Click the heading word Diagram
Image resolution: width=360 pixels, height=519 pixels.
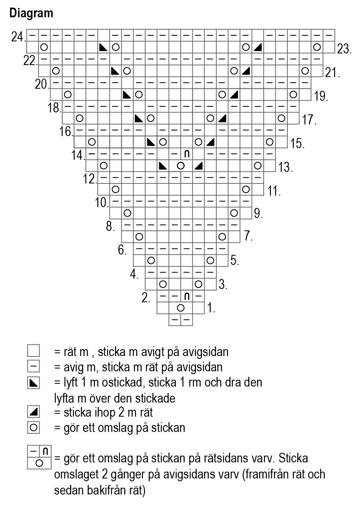pyautogui.click(x=31, y=13)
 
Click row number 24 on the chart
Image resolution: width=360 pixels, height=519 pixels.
pyautogui.click(x=18, y=37)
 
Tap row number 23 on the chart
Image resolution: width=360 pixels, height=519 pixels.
pyautogui.click(x=344, y=49)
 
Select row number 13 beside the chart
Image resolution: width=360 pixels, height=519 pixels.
pyautogui.click(x=285, y=167)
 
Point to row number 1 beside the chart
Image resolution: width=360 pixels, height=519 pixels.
pyautogui.click(x=212, y=308)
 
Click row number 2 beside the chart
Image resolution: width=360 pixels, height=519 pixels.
pyautogui.click(x=146, y=298)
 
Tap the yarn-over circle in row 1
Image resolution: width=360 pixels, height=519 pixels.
pyautogui.click(x=181, y=308)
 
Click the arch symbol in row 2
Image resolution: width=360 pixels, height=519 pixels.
pyautogui.click(x=187, y=297)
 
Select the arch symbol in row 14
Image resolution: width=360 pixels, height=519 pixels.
pyautogui.click(x=187, y=154)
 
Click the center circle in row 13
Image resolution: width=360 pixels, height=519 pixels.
pyautogui.click(x=181, y=165)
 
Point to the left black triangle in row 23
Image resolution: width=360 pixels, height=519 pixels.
pyautogui.click(x=103, y=47)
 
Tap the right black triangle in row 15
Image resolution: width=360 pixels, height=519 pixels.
pyautogui.click(x=210, y=142)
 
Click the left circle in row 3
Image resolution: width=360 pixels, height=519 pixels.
pyautogui.click(x=163, y=284)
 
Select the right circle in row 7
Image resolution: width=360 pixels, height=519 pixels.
pyautogui.click(x=222, y=236)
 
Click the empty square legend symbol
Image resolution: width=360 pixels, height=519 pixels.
pyautogui.click(x=34, y=351)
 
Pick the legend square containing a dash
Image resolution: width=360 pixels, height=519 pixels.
pyautogui.click(x=34, y=366)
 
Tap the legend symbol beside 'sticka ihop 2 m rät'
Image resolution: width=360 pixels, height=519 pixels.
pyautogui.click(x=34, y=411)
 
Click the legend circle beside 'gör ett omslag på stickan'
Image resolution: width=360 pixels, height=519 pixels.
pyautogui.click(x=34, y=427)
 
